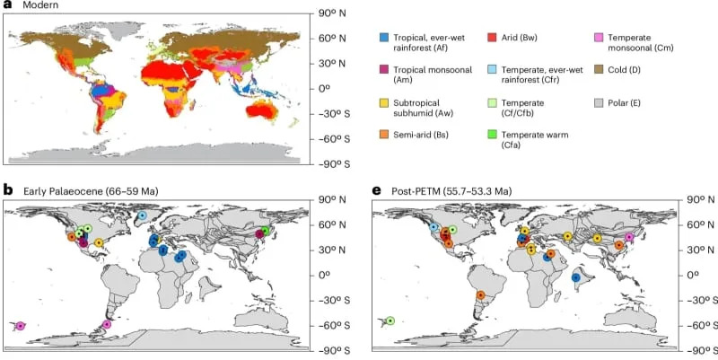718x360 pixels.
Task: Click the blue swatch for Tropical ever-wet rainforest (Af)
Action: [384, 37]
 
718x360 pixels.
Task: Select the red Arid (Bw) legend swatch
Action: [492, 37]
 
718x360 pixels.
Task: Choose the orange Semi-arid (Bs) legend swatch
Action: [384, 134]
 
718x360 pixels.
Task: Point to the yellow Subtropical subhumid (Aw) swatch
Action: [384, 101]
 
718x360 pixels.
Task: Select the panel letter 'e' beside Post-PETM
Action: [376, 190]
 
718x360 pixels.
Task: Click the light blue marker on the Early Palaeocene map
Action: [142, 216]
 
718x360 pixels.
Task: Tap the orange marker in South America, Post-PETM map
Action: [480, 294]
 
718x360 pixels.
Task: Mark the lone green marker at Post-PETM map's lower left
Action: [390, 320]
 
